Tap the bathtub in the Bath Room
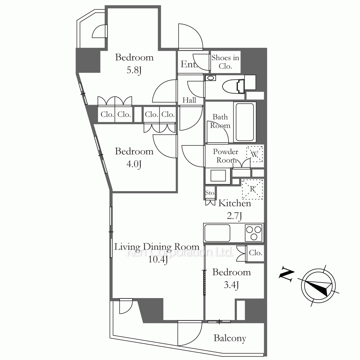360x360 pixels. (x=245, y=122)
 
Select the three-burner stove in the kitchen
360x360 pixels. (x=253, y=233)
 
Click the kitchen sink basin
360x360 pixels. (x=217, y=233)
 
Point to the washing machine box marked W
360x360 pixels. (x=255, y=154)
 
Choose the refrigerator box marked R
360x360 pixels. (x=252, y=189)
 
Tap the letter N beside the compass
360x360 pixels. (x=287, y=274)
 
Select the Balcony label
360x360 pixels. (x=230, y=338)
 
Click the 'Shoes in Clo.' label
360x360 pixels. (x=225, y=62)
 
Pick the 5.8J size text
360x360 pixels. (x=134, y=70)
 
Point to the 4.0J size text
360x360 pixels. (x=134, y=164)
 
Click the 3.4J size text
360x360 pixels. (x=231, y=285)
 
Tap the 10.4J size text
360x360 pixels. (x=158, y=260)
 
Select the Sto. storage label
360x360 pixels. (x=210, y=193)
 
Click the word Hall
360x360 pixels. (x=189, y=100)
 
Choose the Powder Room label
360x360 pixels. (x=225, y=156)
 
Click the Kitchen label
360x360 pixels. (x=235, y=203)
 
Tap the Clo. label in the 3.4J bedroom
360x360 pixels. (x=256, y=253)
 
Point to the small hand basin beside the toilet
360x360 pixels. (x=211, y=78)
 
